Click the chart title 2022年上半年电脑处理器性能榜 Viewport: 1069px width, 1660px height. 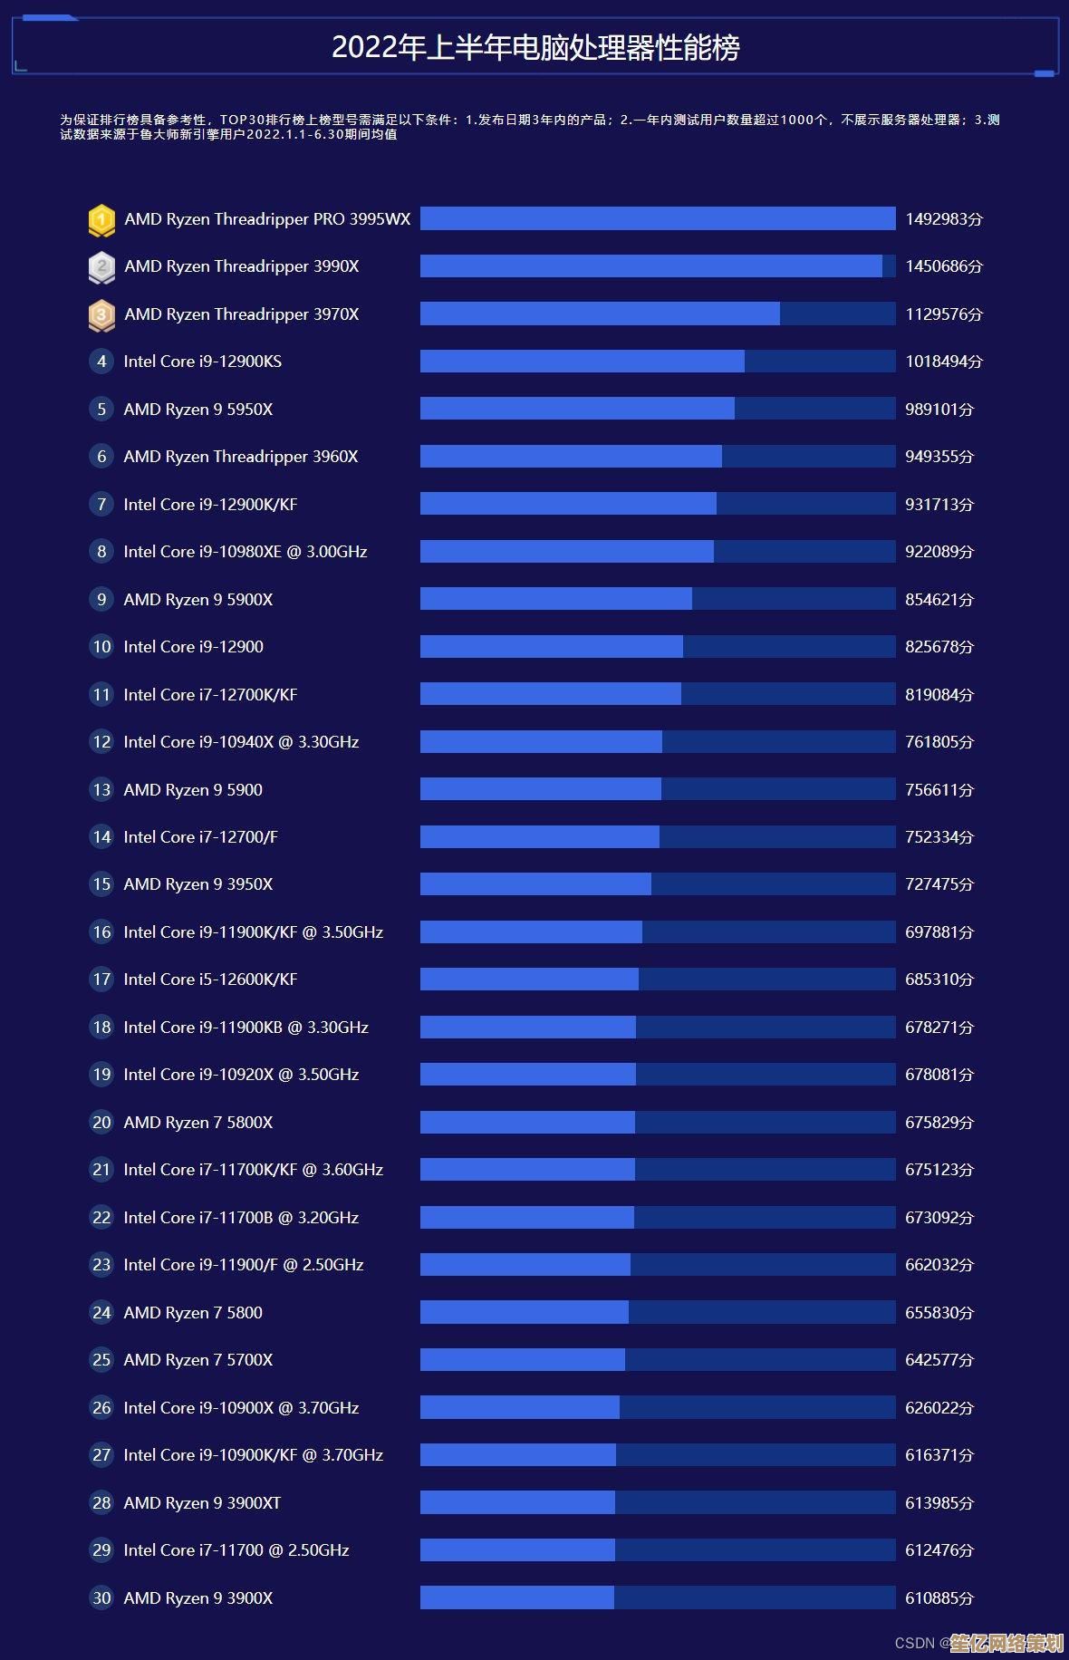[x=534, y=47]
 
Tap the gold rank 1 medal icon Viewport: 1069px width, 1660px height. [x=101, y=219]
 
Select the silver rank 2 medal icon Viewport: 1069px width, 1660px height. [x=101, y=266]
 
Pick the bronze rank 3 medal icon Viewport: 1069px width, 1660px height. [x=101, y=314]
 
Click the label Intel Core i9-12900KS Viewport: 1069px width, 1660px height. [x=203, y=362]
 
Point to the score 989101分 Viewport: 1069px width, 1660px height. [x=939, y=410]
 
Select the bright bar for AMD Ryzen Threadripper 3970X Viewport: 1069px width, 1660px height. [x=600, y=314]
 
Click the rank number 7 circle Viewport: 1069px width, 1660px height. [x=101, y=505]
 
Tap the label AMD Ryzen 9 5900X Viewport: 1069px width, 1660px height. [x=198, y=600]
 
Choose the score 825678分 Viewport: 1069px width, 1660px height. [x=939, y=647]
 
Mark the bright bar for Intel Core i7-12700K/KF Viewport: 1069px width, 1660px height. [x=551, y=695]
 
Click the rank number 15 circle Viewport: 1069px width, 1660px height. [x=101, y=884]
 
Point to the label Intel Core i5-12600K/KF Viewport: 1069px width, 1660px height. [x=210, y=980]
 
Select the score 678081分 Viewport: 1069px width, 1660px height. [x=939, y=1075]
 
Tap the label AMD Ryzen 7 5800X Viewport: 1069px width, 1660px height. [x=198, y=1123]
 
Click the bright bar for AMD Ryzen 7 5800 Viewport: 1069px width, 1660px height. [x=525, y=1313]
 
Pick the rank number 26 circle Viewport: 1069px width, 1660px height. [x=101, y=1408]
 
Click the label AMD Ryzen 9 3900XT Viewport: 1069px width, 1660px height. [x=202, y=1503]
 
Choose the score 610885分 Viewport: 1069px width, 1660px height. [x=939, y=1598]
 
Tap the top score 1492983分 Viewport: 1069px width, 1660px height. [x=944, y=219]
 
